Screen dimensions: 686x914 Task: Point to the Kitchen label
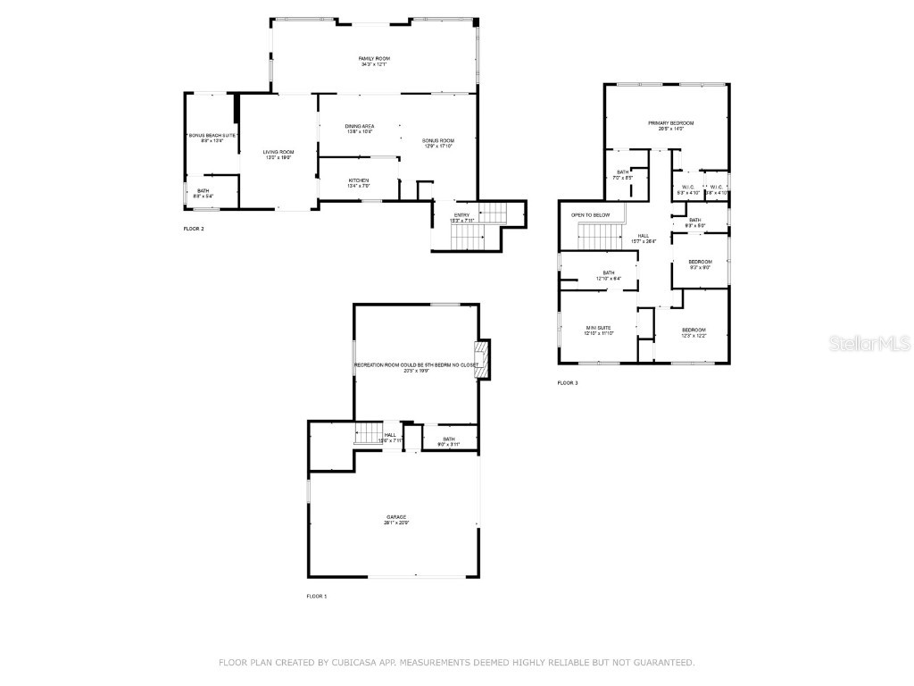click(x=358, y=182)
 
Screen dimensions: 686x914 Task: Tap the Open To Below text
click(x=590, y=215)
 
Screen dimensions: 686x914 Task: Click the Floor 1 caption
click(x=317, y=596)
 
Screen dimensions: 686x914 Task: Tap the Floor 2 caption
click(x=194, y=230)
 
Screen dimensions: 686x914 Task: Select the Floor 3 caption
click(x=568, y=383)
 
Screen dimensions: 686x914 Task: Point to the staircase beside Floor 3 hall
click(x=599, y=238)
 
